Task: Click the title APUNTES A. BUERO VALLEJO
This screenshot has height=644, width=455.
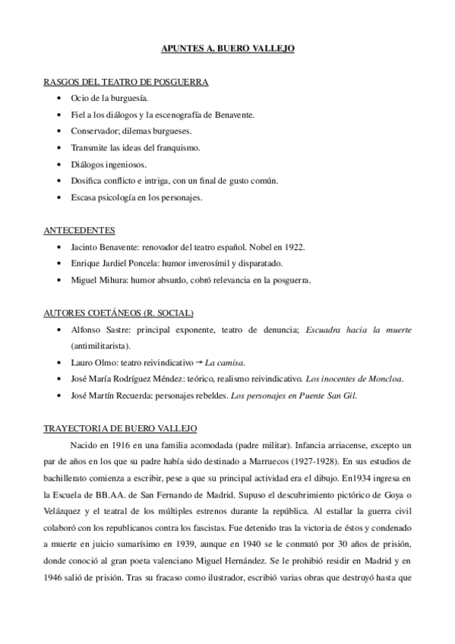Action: pos(227,48)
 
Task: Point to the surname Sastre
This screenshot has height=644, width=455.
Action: pos(109,330)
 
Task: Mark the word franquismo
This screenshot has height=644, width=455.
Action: pos(179,147)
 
